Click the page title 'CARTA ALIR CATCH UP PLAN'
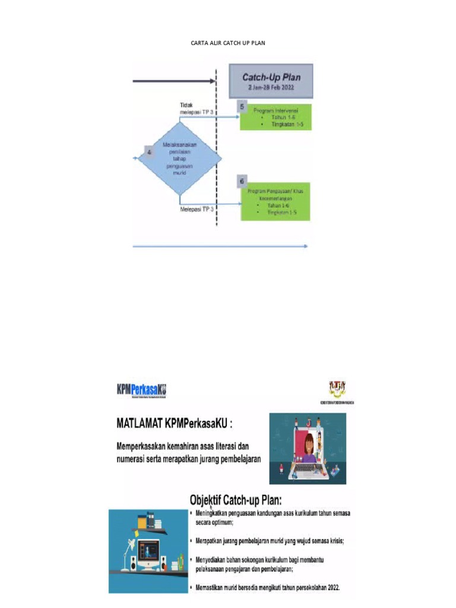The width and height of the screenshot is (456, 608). tap(228, 43)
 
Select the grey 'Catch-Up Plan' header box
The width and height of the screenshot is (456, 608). tap(271, 81)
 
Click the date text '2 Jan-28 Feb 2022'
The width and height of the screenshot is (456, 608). tap(271, 87)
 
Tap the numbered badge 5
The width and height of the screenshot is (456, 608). tap(242, 106)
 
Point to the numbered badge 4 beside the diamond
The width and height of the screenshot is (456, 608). tap(150, 153)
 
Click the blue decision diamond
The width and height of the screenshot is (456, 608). tap(179, 157)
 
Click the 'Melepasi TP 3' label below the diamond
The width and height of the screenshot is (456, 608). tap(197, 209)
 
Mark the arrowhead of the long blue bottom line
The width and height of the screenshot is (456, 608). tap(305, 246)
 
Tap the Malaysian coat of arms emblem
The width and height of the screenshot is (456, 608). tap(336, 389)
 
